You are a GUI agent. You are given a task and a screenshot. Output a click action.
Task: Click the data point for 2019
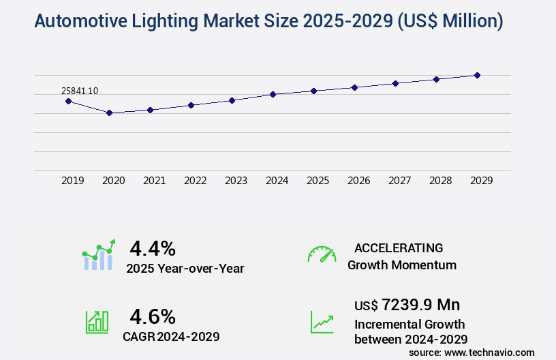[68, 101]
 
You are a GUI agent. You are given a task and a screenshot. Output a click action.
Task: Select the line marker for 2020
[109, 112]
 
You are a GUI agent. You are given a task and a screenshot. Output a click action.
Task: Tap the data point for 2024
[273, 94]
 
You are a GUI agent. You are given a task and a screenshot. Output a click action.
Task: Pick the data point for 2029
[477, 75]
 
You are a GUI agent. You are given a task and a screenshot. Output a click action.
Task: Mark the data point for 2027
[395, 83]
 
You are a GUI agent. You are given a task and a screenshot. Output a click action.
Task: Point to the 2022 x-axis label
[195, 181]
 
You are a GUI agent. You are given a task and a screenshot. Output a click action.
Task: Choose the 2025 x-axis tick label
[318, 181]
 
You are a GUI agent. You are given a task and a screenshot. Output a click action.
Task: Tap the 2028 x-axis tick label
[440, 181]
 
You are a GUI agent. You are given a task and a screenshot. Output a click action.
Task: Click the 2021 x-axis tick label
[154, 181]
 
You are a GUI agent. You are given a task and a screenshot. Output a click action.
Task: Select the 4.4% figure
[153, 247]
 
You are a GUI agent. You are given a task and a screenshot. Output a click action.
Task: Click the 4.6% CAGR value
[153, 316]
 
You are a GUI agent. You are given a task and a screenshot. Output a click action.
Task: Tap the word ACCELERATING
[399, 247]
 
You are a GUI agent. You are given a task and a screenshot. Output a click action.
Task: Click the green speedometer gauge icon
[322, 254]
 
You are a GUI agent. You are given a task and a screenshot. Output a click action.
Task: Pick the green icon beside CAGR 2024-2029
[97, 322]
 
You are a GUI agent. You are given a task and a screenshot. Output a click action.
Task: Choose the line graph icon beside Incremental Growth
[322, 322]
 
